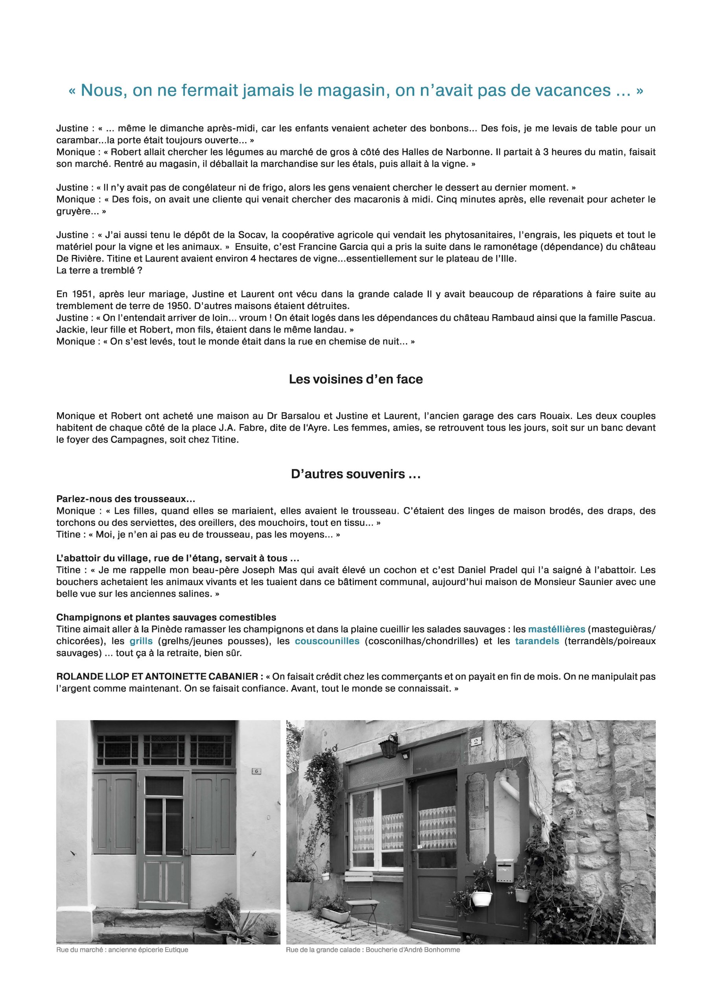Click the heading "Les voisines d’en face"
(x=355, y=379)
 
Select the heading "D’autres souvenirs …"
(x=356, y=474)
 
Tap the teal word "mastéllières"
(x=556, y=629)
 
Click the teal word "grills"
(x=141, y=641)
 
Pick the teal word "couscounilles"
(x=327, y=641)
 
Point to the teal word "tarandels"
(x=537, y=641)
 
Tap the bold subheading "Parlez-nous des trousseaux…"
(x=125, y=499)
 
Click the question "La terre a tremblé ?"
(x=99, y=270)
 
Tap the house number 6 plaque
(x=256, y=783)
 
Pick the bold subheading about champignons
(x=166, y=618)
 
